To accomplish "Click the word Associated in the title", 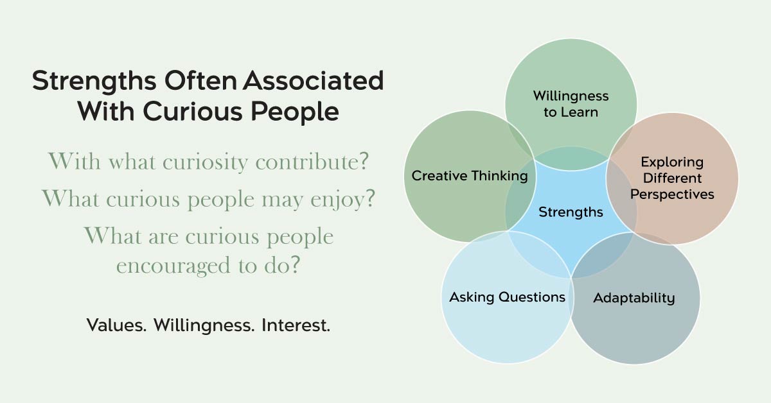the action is [314, 80].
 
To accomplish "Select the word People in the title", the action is [295, 112].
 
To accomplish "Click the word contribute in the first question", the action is [312, 161].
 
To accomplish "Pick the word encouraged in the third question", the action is [173, 266].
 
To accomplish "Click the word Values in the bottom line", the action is [116, 325].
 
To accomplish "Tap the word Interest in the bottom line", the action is [296, 325].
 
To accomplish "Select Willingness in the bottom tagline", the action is [204, 325].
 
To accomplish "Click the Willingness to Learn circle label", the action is [571, 104].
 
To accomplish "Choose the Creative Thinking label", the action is [470, 176].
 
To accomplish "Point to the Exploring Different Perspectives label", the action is [672, 178].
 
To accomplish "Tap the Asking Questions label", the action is [508, 297].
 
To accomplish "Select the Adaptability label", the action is [634, 298].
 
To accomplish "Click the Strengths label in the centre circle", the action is [571, 212].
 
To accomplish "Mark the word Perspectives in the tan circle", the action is [672, 195].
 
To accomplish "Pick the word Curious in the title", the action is [193, 112].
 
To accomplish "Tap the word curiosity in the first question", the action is [205, 162].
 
